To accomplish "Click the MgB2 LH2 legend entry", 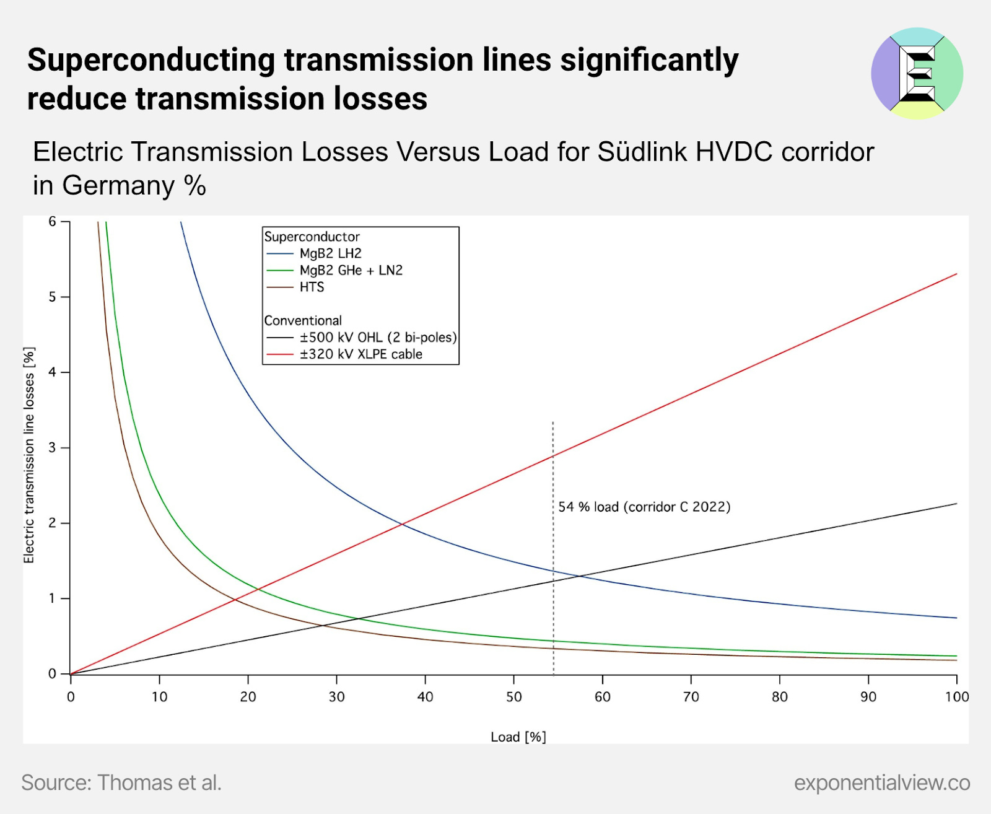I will tap(330, 253).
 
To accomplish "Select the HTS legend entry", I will tap(312, 287).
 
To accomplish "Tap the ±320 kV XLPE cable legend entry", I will tap(360, 354).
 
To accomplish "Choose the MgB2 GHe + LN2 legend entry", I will tap(351, 270).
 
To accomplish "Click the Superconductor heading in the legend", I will tap(312, 237).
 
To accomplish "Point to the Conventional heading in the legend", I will tap(303, 320).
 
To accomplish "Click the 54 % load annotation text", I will tap(644, 507).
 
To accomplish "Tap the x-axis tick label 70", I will tap(691, 697).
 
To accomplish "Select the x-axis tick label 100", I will tap(956, 697).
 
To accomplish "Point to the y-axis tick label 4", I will tap(53, 372).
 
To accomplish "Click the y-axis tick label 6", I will tap(53, 222).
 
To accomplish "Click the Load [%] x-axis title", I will tap(518, 737).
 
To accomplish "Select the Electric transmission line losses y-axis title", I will tap(29, 455).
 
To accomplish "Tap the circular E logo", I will tap(917, 73).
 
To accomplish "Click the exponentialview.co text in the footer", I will tap(881, 782).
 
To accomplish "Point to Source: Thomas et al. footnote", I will tap(121, 782).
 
